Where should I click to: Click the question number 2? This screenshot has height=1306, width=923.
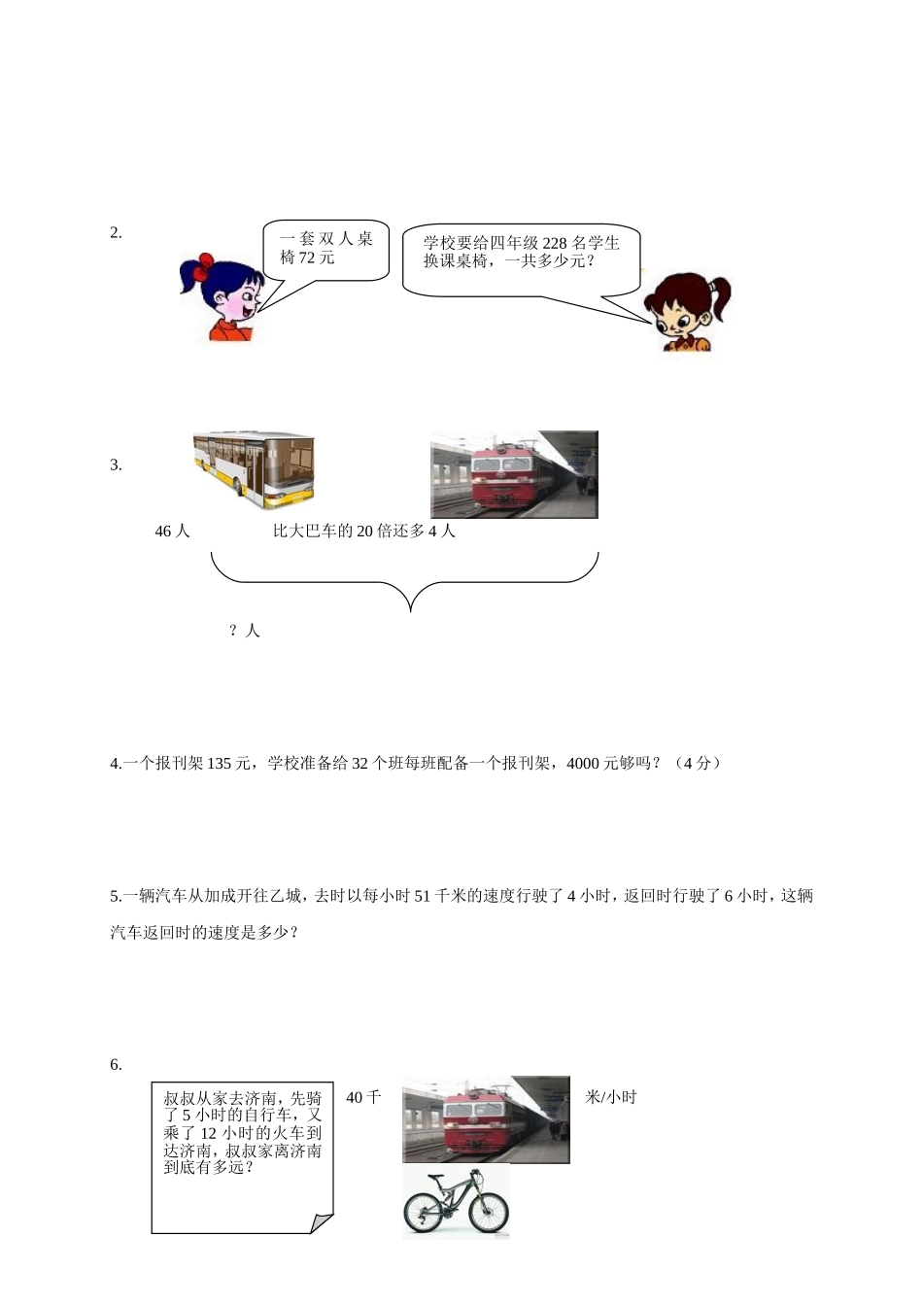pos(116,233)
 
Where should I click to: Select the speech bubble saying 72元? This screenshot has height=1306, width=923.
pos(326,249)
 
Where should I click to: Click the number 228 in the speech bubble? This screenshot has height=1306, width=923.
pos(555,243)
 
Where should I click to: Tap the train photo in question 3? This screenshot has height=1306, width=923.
pos(514,475)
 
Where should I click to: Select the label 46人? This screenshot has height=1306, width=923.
pos(172,532)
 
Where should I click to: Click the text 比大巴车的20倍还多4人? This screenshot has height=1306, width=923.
pos(364,532)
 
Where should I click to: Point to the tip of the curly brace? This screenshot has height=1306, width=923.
pos(411,610)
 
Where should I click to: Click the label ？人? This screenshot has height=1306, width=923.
pos(245,631)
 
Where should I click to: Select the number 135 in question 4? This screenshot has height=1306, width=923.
pos(220,764)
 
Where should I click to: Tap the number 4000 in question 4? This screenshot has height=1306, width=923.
pos(583,764)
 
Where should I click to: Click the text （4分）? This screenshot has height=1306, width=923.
pos(698,764)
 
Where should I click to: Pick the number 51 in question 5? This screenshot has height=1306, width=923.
pos(423,896)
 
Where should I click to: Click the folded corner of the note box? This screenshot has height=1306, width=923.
pos(323,1223)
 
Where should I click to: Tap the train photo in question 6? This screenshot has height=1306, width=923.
pos(486,1119)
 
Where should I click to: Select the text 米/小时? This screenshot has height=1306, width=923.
pos(611,1098)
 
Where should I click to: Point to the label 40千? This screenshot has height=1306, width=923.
pos(363,1098)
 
